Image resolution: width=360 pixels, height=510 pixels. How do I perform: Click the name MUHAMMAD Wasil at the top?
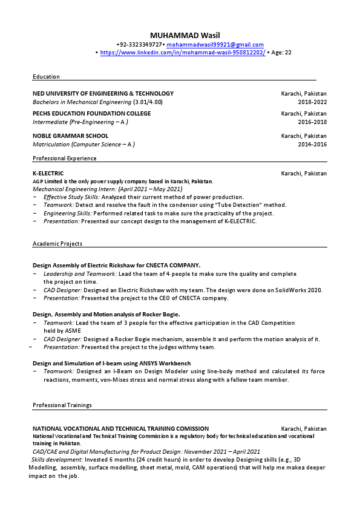(x=180, y=34)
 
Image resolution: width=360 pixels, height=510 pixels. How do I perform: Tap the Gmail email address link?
(x=215, y=45)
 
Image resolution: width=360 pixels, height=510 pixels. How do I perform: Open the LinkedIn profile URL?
(x=183, y=53)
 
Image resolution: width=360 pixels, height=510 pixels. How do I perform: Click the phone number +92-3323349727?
(x=140, y=45)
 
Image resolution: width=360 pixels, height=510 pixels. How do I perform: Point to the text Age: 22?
(x=282, y=53)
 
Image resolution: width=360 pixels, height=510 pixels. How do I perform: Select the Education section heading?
(x=46, y=77)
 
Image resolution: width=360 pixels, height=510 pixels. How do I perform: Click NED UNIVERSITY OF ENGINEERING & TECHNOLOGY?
(x=103, y=94)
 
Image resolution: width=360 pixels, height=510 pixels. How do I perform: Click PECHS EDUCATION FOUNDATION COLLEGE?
(x=91, y=114)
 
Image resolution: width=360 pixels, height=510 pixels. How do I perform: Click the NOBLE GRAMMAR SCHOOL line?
(x=70, y=136)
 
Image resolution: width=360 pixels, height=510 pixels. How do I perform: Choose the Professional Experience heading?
(x=64, y=159)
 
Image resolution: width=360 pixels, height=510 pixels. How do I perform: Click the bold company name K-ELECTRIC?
(x=48, y=174)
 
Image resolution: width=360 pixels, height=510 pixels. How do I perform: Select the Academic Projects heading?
(x=57, y=243)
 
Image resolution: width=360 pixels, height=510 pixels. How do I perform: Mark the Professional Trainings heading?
(x=62, y=405)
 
